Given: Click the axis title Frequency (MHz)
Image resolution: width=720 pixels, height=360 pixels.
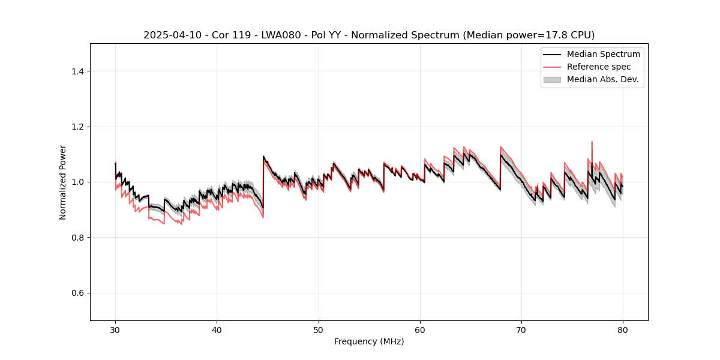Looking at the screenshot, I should click(x=369, y=341).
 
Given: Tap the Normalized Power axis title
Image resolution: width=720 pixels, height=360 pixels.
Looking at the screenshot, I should click(x=63, y=182).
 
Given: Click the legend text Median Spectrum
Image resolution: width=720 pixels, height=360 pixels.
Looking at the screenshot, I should click(x=603, y=54).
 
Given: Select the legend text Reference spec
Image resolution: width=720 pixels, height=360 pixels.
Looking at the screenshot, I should click(x=599, y=67).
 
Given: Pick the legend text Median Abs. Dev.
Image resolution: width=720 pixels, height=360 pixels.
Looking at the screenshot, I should click(x=602, y=79).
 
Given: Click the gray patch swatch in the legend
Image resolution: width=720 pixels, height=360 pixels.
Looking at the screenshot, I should click(x=552, y=79).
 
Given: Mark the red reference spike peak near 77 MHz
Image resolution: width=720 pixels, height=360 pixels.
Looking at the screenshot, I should click(x=592, y=142).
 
